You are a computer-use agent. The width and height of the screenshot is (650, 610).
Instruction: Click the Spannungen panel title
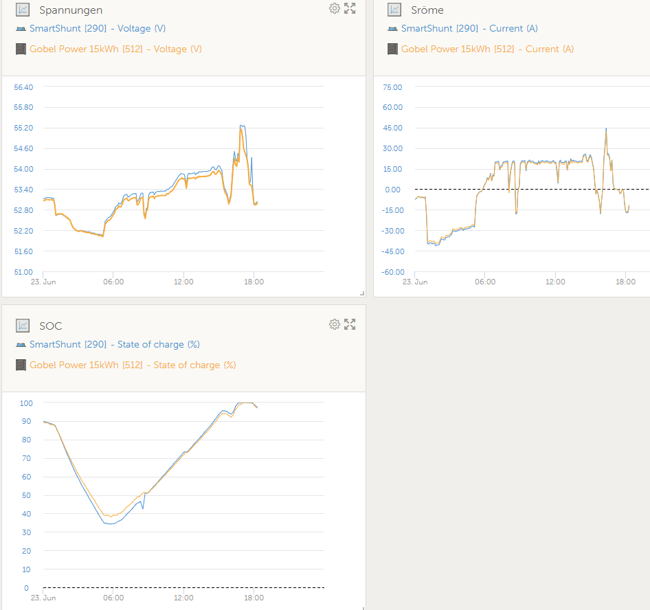coord(71,10)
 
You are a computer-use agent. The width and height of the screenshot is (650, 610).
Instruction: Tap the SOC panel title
coord(51,326)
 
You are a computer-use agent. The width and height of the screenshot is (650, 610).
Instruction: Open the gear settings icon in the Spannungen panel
coord(335,8)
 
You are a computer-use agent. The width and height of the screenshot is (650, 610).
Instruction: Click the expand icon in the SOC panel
coord(350,324)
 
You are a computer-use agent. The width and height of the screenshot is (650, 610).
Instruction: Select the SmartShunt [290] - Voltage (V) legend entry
coord(97,29)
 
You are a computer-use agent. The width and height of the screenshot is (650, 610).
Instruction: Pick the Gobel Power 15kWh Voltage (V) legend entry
coord(115,49)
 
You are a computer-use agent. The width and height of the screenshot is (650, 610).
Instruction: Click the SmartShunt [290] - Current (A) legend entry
coord(469,29)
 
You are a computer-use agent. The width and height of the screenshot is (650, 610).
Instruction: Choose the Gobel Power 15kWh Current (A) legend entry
coord(487,49)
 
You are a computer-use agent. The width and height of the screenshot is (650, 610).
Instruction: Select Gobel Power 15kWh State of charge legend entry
coord(133,365)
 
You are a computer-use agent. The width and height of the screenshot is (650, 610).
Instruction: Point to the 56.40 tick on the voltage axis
coord(23,87)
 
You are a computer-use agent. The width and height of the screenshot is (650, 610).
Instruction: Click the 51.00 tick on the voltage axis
coord(23,272)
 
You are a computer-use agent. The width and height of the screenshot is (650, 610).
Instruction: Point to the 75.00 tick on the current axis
coord(393,87)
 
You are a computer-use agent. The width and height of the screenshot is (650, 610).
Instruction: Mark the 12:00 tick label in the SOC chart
coord(183,598)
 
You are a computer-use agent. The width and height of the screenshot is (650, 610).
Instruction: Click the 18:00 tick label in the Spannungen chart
coord(254,282)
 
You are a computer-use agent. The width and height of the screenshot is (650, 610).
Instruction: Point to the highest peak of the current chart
coord(606,128)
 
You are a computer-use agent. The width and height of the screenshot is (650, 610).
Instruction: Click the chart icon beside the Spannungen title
coord(23,10)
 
